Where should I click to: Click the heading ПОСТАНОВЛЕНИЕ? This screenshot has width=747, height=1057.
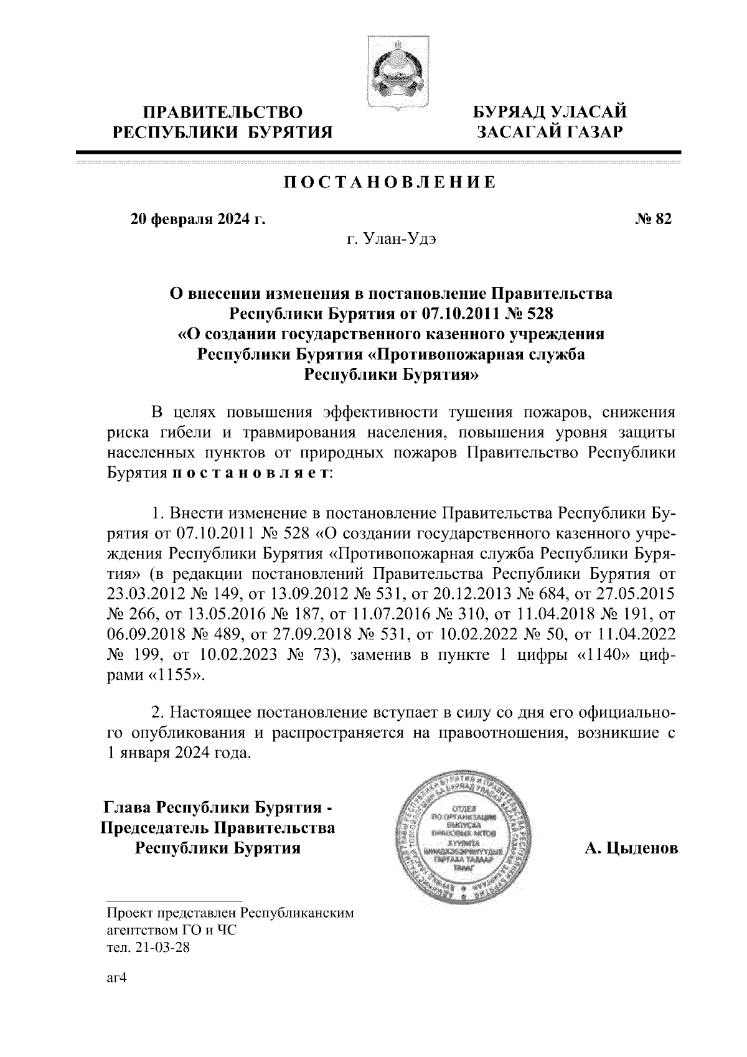[x=390, y=182]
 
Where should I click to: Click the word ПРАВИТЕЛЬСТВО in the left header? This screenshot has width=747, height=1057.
[x=223, y=113]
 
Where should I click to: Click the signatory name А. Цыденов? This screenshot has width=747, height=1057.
[x=631, y=848]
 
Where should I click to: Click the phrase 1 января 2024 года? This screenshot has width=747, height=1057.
[x=179, y=752]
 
